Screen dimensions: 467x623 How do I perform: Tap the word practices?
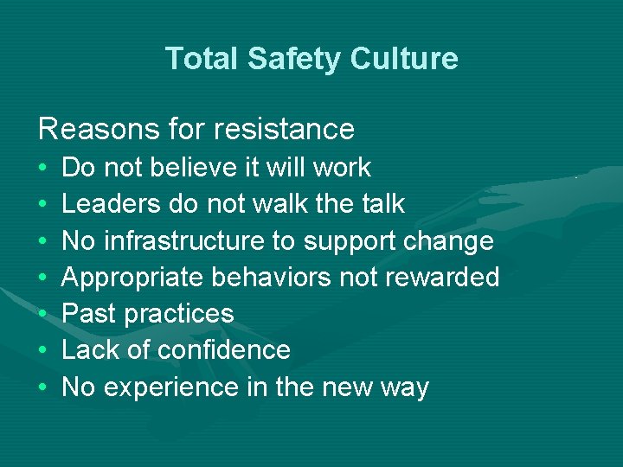tap(179, 314)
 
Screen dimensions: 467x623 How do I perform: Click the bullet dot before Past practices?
tap(43, 314)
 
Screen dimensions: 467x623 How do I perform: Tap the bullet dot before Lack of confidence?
tap(43, 350)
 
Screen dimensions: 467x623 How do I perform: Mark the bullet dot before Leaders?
tap(43, 203)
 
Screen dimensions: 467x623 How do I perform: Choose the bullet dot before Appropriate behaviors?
tap(43, 278)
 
